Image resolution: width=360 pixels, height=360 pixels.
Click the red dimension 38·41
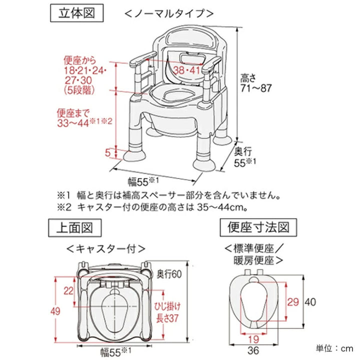point(186,70)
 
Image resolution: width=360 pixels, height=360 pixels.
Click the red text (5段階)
point(79,90)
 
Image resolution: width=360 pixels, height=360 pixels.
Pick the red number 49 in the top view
point(55,311)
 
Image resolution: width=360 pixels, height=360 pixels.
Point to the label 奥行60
point(167,273)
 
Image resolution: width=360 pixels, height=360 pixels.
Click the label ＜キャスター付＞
point(106,248)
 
